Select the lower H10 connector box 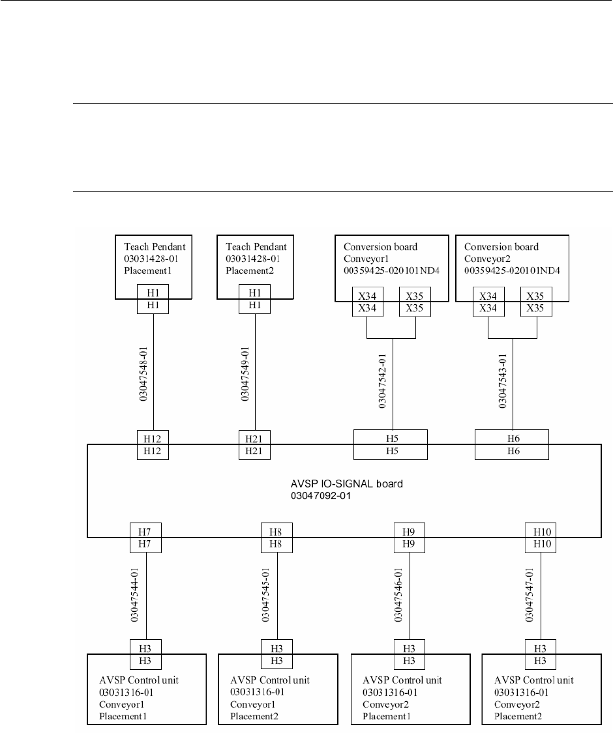coord(539,544)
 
